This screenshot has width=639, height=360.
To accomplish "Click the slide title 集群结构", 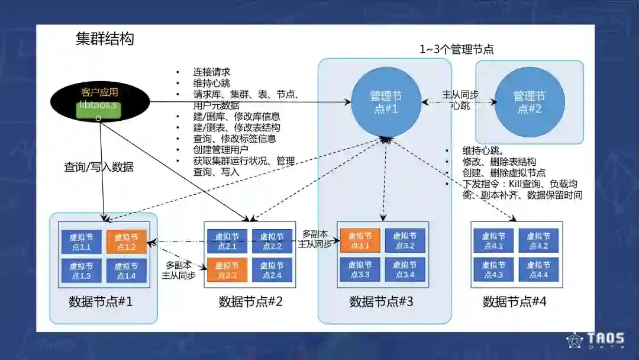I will pos(105,39).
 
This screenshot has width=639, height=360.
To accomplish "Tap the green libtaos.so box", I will pos(98,110).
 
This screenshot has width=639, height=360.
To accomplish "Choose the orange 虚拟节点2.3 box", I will pos(227,269).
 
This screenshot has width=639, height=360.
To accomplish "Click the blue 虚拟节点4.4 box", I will pos(538,270).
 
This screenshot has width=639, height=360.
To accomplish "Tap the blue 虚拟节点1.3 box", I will pos(80,271).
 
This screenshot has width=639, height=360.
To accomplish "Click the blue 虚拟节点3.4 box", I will pos(405,270).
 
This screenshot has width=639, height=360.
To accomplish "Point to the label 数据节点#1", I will pos(101,302).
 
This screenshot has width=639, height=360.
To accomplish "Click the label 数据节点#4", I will pos(514,302).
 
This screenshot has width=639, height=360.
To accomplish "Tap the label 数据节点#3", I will pos(381,302).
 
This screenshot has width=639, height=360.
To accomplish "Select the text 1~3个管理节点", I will pos(457,50).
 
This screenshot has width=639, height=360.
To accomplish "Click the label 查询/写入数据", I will pos(99,168).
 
